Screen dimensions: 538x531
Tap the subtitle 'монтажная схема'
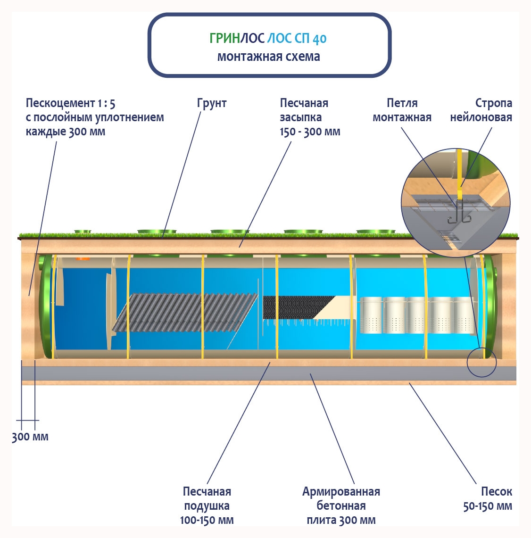268,57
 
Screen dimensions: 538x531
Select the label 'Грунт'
212,103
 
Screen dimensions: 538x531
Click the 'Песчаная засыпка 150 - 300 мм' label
309,117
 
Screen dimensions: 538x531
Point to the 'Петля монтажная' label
402,110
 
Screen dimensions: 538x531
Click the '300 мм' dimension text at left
30,437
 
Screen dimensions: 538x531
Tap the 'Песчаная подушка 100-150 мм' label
207,506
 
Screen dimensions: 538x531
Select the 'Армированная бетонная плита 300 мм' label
341,506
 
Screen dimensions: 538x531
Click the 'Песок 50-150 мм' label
488,499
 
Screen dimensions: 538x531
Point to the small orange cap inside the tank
83,258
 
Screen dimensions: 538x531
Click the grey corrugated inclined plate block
184,312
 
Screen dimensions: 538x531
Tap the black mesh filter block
295,307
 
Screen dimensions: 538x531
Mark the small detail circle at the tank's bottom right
481,362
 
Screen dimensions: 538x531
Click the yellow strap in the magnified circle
459,174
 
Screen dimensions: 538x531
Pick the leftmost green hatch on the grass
82,232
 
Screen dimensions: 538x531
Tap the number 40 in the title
319,39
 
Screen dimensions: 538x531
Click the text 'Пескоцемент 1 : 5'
70,103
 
